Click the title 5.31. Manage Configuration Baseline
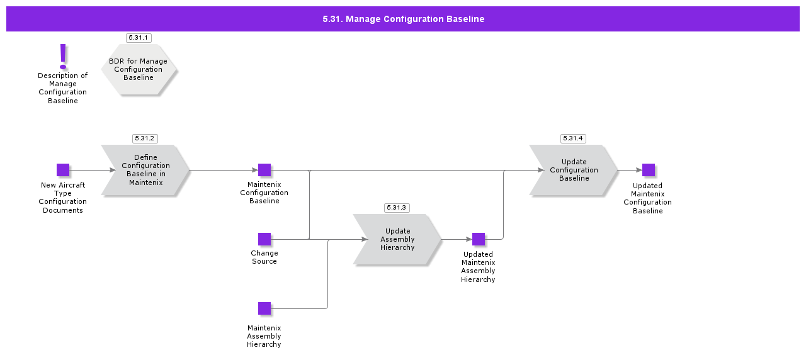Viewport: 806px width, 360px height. (x=403, y=19)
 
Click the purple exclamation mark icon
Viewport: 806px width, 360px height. (x=63, y=57)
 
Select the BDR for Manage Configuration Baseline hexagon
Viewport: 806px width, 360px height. (x=139, y=69)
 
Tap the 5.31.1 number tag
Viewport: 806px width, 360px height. (x=139, y=38)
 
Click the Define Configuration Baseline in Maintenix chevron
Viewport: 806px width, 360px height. (x=145, y=170)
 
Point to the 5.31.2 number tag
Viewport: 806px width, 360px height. (x=145, y=138)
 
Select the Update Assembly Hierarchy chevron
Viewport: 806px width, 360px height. (x=397, y=239)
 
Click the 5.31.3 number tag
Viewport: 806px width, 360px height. (x=397, y=208)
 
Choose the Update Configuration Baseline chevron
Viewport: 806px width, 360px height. (x=574, y=170)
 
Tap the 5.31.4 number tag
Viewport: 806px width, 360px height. (x=573, y=138)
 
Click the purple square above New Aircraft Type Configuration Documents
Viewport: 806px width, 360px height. (x=63, y=170)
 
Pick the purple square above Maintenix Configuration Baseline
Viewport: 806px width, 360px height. (x=264, y=170)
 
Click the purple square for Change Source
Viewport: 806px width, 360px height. (x=264, y=239)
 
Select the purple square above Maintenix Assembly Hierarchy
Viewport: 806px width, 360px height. (x=264, y=308)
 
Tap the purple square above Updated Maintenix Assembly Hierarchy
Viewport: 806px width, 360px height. (x=479, y=239)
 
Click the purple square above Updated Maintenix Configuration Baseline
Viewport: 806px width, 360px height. (x=649, y=170)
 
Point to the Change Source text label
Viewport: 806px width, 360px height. (x=264, y=257)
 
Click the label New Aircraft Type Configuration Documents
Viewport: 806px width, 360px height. (x=63, y=198)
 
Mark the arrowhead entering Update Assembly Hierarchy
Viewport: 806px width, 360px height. (x=365, y=239)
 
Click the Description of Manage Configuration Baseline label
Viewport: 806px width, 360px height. (x=63, y=88)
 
